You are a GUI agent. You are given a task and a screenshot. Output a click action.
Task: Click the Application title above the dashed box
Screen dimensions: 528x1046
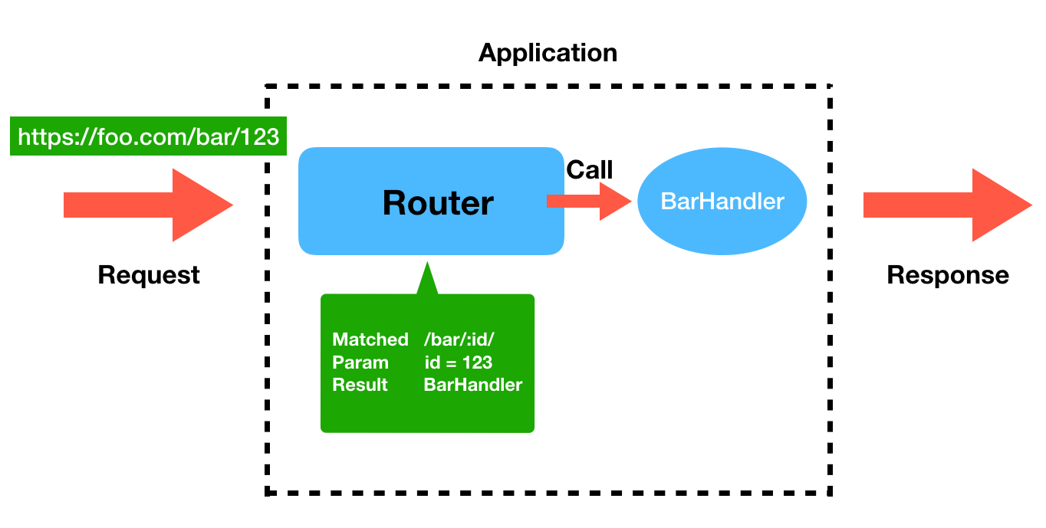coord(548,53)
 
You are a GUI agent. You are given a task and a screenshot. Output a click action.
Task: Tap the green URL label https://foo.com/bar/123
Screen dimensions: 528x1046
coord(148,136)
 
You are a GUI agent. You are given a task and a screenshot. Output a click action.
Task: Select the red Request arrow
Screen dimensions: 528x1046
coord(148,205)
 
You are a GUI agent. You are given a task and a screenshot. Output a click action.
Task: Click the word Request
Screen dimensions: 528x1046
coord(149,274)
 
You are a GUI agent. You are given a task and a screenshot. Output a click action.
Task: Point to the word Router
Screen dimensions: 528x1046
coord(438,202)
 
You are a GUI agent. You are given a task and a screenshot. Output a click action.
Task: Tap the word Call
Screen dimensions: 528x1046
coord(589,170)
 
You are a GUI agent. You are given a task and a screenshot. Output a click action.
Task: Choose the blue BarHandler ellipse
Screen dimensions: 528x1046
coord(722,202)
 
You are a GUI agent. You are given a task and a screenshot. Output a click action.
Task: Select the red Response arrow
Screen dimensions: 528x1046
coord(947,205)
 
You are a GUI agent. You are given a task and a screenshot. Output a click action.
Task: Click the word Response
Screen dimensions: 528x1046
coord(948,274)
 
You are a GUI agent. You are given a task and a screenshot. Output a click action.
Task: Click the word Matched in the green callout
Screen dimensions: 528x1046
coord(370,339)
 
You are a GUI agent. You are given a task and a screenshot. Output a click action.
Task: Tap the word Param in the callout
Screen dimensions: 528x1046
coord(360,362)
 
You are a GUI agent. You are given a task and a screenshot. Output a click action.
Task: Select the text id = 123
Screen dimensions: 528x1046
coord(458,362)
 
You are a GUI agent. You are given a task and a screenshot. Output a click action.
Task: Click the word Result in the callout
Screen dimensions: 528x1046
coord(360,385)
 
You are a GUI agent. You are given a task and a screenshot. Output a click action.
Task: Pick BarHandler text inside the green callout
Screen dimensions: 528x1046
coord(472,385)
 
